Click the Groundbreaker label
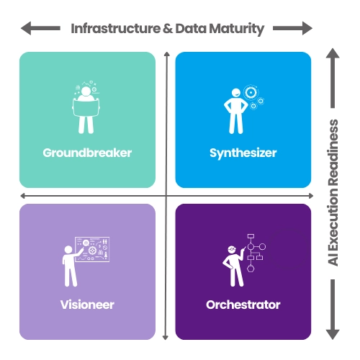(x=87, y=153)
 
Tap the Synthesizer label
(x=243, y=153)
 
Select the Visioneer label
(x=87, y=305)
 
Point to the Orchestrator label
(x=243, y=305)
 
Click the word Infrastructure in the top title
(x=116, y=29)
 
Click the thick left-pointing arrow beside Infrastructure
(x=40, y=28)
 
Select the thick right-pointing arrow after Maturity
(x=293, y=28)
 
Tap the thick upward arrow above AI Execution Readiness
(x=333, y=78)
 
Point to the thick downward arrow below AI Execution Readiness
(x=333, y=310)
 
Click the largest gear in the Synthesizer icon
(x=251, y=92)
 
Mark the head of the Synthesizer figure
(x=236, y=93)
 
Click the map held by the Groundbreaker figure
(x=86, y=108)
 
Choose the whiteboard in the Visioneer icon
(x=92, y=249)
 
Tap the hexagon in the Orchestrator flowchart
(x=251, y=269)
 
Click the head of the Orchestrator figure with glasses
(x=232, y=250)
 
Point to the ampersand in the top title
(x=168, y=29)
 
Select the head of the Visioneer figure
(x=68, y=250)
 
